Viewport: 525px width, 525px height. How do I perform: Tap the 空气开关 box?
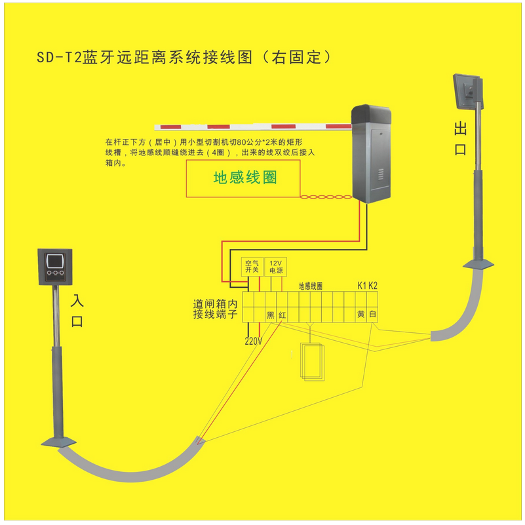coord(252,265)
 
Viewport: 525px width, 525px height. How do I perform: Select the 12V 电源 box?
coord(276,265)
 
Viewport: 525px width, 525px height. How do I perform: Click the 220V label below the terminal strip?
coord(253,341)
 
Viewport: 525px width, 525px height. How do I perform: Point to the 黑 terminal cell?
coord(270,315)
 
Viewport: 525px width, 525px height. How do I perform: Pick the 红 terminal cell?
coord(282,315)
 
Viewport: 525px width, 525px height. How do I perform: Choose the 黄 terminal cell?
coord(360,315)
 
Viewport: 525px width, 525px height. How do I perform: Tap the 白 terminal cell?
coord(372,315)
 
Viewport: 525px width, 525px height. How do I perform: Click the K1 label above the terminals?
coord(361,286)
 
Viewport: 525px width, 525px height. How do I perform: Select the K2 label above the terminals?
coord(372,286)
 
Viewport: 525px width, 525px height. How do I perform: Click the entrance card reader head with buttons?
coord(55,265)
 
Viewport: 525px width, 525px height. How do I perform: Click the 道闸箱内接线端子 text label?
coord(217,309)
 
